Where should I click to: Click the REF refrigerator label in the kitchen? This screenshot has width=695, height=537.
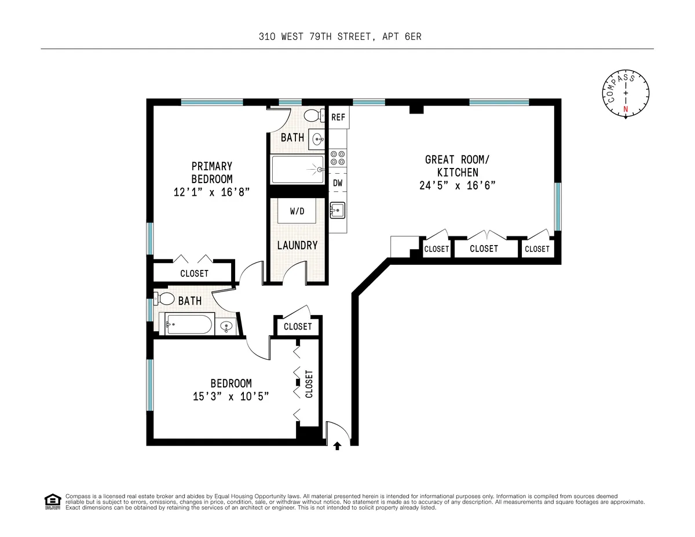coord(338,118)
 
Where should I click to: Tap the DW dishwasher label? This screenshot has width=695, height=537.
coord(338,183)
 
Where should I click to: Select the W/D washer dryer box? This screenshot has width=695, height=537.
coord(297,211)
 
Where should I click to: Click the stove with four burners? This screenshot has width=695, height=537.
coord(338,158)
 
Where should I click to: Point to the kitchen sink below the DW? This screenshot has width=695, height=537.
coord(337,210)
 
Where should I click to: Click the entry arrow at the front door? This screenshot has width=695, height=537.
coord(338,445)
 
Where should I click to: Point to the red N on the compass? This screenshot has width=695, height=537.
coord(625,109)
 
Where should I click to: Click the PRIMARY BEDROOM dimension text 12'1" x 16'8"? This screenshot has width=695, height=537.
coord(211,192)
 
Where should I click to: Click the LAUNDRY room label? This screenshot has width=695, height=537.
coord(297,246)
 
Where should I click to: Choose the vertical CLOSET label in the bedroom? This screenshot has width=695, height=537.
coord(309,383)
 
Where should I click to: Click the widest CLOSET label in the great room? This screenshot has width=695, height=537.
coord(484,249)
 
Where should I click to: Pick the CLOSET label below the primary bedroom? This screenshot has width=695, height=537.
coord(194,273)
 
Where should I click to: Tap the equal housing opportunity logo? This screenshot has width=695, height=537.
coord(53,502)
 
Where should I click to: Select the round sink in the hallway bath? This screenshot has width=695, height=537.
coord(226,327)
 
